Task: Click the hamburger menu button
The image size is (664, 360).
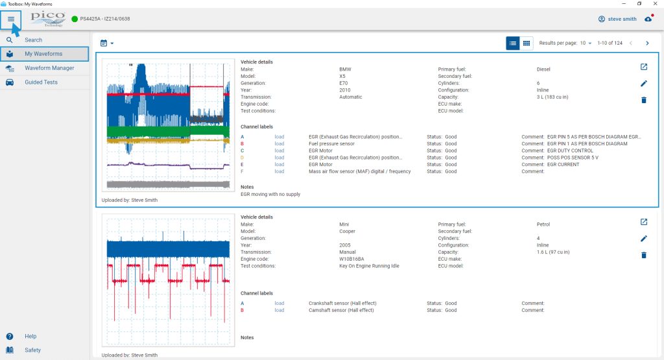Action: pyautogui.click(x=11, y=19)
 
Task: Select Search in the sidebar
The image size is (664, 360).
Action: pyautogui.click(x=33, y=40)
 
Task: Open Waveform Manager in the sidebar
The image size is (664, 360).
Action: pyautogui.click(x=49, y=67)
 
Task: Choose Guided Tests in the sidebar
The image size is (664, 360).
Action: pyautogui.click(x=41, y=82)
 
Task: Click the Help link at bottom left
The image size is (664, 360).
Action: pyautogui.click(x=30, y=336)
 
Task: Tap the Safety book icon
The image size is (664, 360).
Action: pyautogui.click(x=10, y=350)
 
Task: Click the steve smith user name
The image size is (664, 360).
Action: pyautogui.click(x=622, y=19)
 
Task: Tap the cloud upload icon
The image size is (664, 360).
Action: pyautogui.click(x=648, y=19)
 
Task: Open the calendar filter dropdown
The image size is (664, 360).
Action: pyautogui.click(x=107, y=43)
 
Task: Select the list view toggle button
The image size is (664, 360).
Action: pyautogui.click(x=513, y=43)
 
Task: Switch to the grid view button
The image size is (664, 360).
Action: pyautogui.click(x=527, y=43)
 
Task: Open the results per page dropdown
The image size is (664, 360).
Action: pyautogui.click(x=586, y=43)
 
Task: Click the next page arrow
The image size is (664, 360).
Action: pyautogui.click(x=647, y=43)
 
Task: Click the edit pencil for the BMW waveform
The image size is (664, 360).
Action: pyautogui.click(x=644, y=84)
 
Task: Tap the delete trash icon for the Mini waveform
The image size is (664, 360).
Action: pyautogui.click(x=644, y=255)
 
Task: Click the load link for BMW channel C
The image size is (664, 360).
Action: pyautogui.click(x=279, y=150)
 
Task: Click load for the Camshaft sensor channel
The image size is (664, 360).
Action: pyautogui.click(x=279, y=311)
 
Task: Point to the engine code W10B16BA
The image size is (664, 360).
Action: pyautogui.click(x=351, y=259)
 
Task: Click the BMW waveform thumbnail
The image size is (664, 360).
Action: pyautogui.click(x=168, y=125)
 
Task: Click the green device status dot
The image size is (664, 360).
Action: pyautogui.click(x=75, y=19)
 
